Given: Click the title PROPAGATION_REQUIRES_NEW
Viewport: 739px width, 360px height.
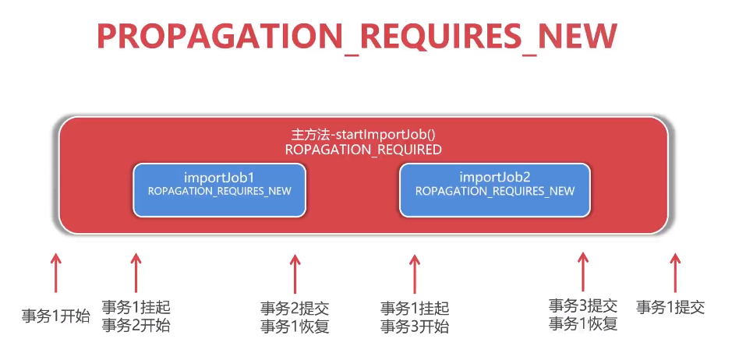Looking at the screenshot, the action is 356,37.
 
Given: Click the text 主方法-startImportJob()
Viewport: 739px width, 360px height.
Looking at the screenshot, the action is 363,134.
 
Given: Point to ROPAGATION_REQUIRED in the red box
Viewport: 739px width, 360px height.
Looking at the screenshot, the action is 363,149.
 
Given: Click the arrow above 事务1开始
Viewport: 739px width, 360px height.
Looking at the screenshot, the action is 55,274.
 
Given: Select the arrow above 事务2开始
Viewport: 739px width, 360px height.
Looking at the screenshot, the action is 136,272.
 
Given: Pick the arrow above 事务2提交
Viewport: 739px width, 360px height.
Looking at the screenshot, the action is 295,274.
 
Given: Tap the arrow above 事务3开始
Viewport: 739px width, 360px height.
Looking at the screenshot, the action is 415,274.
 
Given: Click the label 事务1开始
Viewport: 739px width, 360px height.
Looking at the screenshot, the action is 55,316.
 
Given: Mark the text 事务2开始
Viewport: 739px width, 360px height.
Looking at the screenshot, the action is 136,326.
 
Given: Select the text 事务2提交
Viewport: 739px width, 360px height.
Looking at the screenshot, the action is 295,309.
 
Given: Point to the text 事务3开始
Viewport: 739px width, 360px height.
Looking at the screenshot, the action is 415,326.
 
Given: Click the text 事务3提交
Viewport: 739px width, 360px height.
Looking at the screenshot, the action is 583,305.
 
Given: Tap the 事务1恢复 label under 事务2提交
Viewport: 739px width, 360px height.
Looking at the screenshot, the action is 295,326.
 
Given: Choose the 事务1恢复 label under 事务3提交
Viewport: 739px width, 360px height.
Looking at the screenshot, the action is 583,323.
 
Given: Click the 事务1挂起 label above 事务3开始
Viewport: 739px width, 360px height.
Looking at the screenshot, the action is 415,309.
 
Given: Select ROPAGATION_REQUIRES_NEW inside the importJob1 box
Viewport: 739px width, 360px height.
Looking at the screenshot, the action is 219,191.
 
